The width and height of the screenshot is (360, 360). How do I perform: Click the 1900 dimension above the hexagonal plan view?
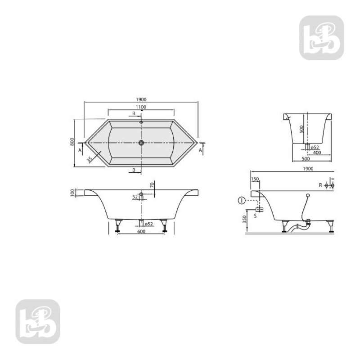141,99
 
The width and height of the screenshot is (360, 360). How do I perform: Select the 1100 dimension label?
141,107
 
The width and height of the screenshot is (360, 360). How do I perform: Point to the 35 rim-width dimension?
90,159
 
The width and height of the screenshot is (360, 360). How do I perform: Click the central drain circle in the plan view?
141,143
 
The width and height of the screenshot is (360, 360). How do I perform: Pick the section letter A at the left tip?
80,150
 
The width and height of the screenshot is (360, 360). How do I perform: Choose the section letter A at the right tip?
201,150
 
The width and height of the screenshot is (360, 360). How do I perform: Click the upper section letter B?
133,113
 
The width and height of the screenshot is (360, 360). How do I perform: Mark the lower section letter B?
133,170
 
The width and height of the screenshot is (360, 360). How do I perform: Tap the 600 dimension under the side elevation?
141,231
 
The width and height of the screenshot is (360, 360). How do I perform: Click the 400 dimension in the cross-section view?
317,153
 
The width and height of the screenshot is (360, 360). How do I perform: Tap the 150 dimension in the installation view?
256,179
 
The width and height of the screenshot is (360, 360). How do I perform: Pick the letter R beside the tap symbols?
320,185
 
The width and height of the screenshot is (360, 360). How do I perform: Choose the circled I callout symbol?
242,200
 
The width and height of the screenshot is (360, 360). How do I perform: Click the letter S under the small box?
255,216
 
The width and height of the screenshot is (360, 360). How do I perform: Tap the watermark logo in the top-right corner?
322,38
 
